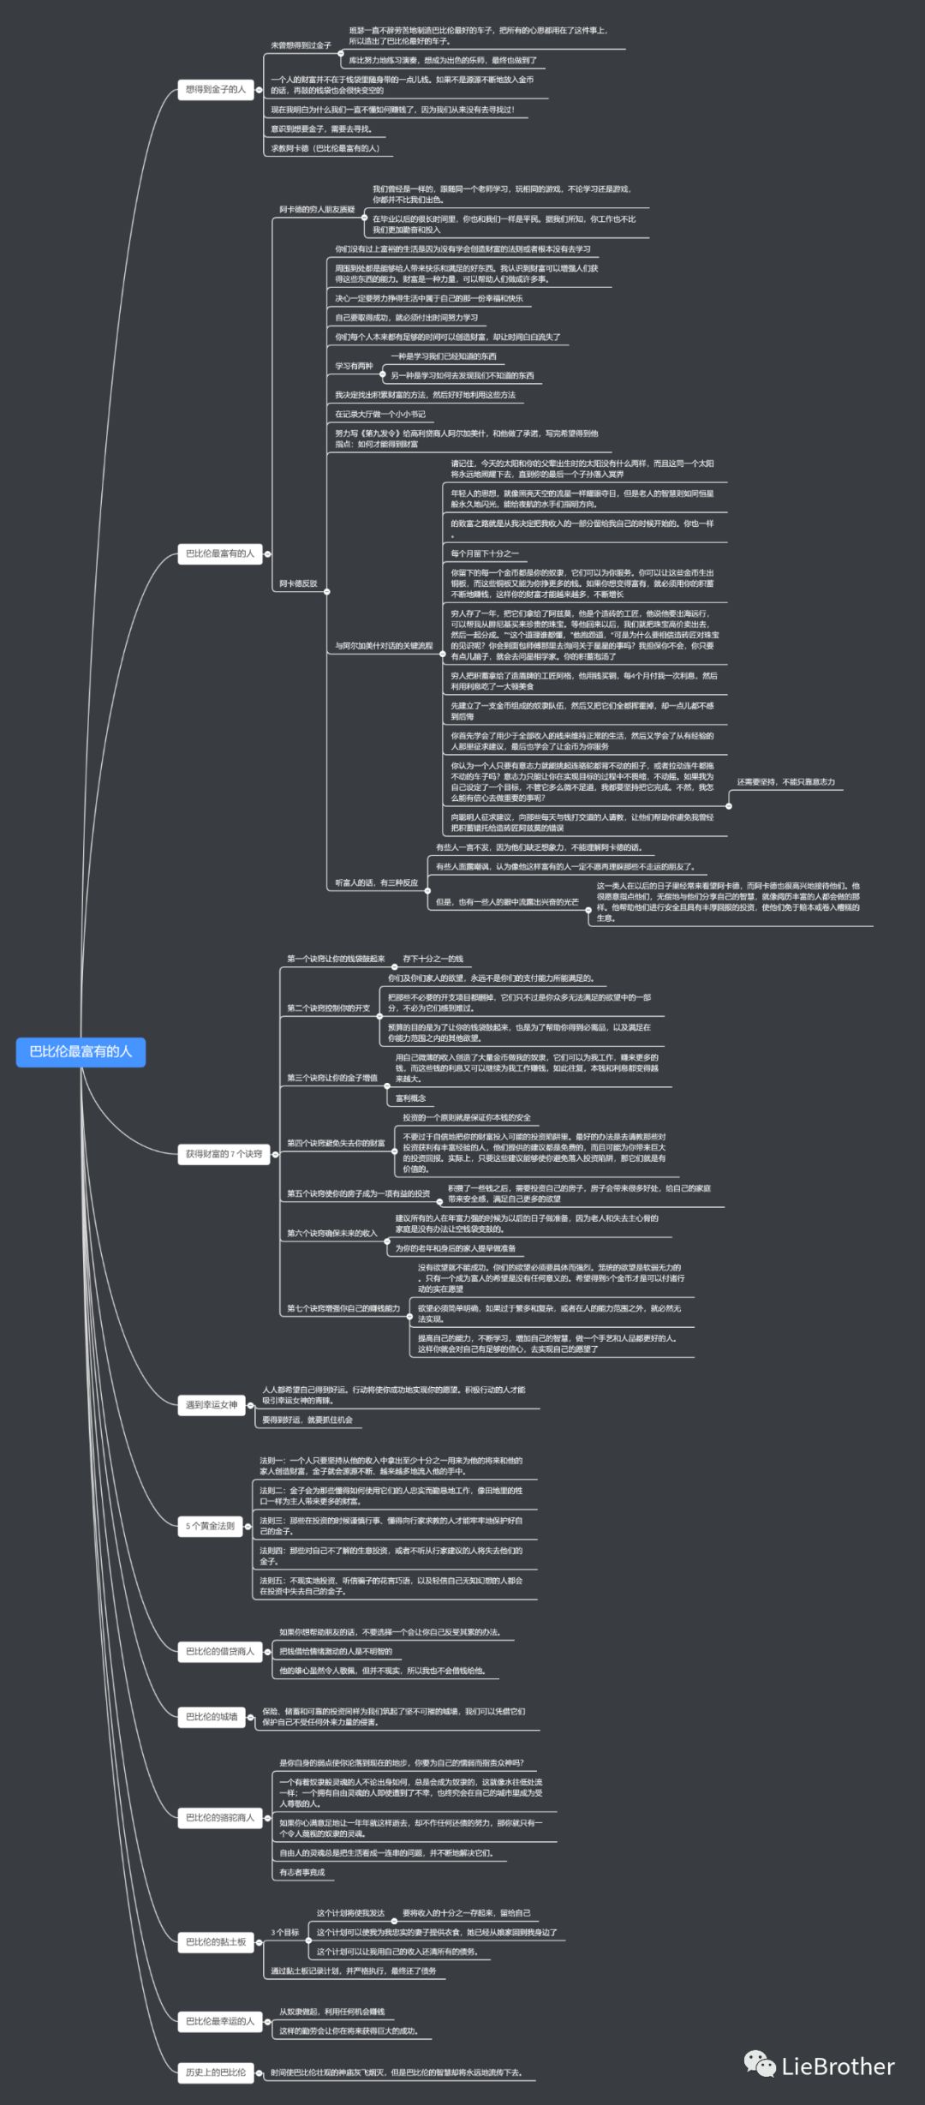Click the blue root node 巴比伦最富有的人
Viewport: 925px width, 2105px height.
point(81,1051)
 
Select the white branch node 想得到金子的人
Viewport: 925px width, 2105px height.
point(216,89)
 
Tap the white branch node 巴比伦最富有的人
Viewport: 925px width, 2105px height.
point(220,553)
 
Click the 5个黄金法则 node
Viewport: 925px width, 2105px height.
point(210,1526)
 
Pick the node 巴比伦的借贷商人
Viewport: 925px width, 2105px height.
point(220,1651)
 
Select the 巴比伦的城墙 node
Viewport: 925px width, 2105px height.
point(212,1717)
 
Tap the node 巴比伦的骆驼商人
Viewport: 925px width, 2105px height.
point(220,1817)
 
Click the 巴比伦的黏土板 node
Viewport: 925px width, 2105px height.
point(216,1942)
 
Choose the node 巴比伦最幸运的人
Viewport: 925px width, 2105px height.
point(220,2021)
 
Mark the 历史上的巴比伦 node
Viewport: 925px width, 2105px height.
point(216,2072)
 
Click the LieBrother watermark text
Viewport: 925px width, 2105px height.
point(838,2066)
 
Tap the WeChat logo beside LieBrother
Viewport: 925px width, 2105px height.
point(760,2064)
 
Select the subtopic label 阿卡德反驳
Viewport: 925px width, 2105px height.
point(298,583)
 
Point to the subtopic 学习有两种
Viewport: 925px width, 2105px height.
point(354,366)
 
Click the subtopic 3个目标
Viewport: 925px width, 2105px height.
point(285,1932)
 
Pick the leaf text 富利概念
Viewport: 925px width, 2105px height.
point(410,1098)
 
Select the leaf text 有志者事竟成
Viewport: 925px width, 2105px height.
point(302,1872)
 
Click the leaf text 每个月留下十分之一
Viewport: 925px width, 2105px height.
point(485,553)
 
